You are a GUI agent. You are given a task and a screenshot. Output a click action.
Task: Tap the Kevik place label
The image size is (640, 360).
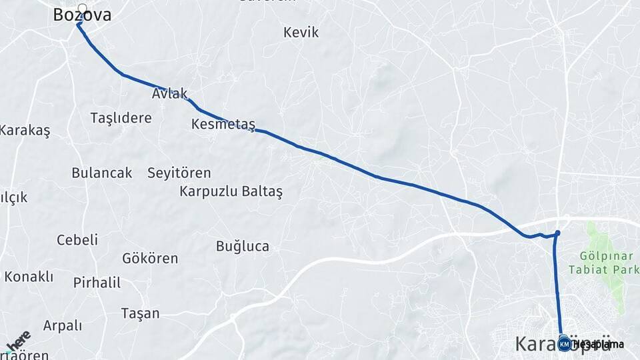click(x=301, y=32)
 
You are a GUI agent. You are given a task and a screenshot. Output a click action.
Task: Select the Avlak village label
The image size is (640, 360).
click(x=169, y=93)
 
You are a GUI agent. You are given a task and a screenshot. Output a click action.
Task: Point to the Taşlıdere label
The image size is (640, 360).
click(x=121, y=118)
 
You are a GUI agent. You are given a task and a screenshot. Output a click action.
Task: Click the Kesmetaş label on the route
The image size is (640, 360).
click(x=223, y=125)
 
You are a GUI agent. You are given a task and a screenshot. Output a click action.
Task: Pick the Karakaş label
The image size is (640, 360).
click(x=24, y=131)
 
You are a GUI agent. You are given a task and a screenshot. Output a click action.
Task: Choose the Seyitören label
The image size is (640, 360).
click(x=179, y=173)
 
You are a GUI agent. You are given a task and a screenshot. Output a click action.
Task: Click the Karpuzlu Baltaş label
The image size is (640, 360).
click(x=231, y=191)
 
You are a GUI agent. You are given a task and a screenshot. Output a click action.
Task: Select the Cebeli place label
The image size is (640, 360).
click(x=77, y=240)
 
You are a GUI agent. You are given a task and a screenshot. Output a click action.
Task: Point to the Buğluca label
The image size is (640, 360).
click(x=243, y=247)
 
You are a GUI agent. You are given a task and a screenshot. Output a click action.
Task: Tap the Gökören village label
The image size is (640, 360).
click(x=150, y=259)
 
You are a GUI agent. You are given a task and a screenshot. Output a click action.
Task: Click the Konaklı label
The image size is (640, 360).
click(x=29, y=277)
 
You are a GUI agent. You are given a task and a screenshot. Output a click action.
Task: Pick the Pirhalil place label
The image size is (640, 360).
click(x=97, y=283)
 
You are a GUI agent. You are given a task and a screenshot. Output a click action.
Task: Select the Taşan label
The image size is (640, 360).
click(x=140, y=313)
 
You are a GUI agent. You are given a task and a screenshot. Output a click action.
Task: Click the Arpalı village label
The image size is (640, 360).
click(x=62, y=325)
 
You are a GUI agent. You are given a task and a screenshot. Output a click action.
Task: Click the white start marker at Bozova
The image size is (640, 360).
click(x=82, y=9)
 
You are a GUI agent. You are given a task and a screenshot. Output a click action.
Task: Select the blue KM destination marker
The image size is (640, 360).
click(x=564, y=344)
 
